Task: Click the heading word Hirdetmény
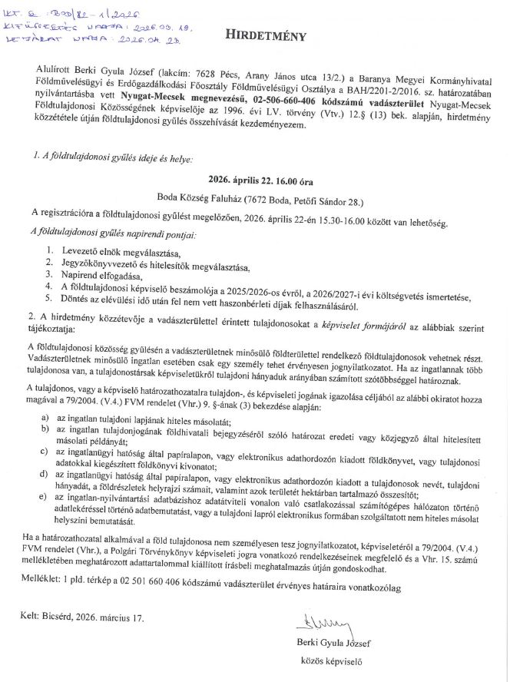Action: tap(265, 35)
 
